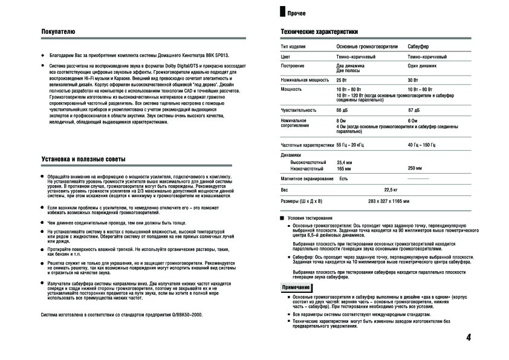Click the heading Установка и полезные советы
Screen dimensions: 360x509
(83, 159)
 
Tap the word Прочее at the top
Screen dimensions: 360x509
(297, 13)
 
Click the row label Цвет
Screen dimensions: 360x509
(287, 56)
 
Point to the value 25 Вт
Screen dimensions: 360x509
(342, 80)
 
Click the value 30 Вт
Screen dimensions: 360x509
(413, 80)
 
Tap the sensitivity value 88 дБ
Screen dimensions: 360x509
(343, 110)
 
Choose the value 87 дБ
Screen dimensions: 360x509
(414, 110)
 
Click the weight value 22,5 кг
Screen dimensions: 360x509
(394, 190)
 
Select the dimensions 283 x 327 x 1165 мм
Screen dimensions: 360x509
(389, 200)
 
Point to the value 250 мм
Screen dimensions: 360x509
(415, 168)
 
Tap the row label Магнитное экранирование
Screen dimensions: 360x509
(306, 179)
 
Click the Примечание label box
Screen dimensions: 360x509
(296, 287)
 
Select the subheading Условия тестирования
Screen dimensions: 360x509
(310, 217)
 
